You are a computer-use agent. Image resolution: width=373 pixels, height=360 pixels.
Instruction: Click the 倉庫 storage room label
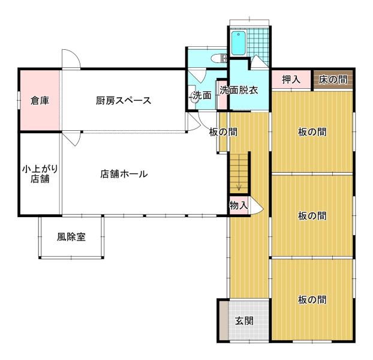click(40, 101)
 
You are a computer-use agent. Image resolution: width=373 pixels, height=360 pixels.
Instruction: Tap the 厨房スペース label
click(124, 100)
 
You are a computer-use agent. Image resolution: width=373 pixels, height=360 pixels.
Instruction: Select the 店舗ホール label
click(124, 174)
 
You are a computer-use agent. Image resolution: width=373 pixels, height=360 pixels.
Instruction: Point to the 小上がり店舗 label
click(40, 174)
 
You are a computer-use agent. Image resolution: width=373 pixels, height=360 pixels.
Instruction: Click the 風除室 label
click(71, 237)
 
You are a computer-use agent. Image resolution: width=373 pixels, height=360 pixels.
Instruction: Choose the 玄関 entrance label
click(244, 321)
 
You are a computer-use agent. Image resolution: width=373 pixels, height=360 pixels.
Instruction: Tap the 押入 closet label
click(291, 79)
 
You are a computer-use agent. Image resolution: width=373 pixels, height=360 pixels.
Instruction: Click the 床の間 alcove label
click(333, 79)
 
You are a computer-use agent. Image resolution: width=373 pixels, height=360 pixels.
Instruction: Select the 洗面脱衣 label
click(239, 90)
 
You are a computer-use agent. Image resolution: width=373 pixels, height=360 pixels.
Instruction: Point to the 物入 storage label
click(239, 205)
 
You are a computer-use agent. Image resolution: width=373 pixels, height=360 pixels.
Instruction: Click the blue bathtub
click(238, 43)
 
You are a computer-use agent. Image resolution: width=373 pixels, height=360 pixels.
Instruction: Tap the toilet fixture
click(219, 58)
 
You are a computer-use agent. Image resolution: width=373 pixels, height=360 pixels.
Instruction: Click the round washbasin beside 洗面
click(194, 97)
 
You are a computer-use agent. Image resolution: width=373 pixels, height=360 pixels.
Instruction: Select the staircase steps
click(239, 173)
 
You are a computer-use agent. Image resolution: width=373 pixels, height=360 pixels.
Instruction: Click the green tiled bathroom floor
click(258, 45)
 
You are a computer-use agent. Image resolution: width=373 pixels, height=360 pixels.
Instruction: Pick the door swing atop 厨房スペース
click(71, 59)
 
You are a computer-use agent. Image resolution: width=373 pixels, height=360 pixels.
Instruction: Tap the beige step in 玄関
click(224, 320)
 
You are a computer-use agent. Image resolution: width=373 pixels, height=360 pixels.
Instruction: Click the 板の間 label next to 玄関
click(312, 299)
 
